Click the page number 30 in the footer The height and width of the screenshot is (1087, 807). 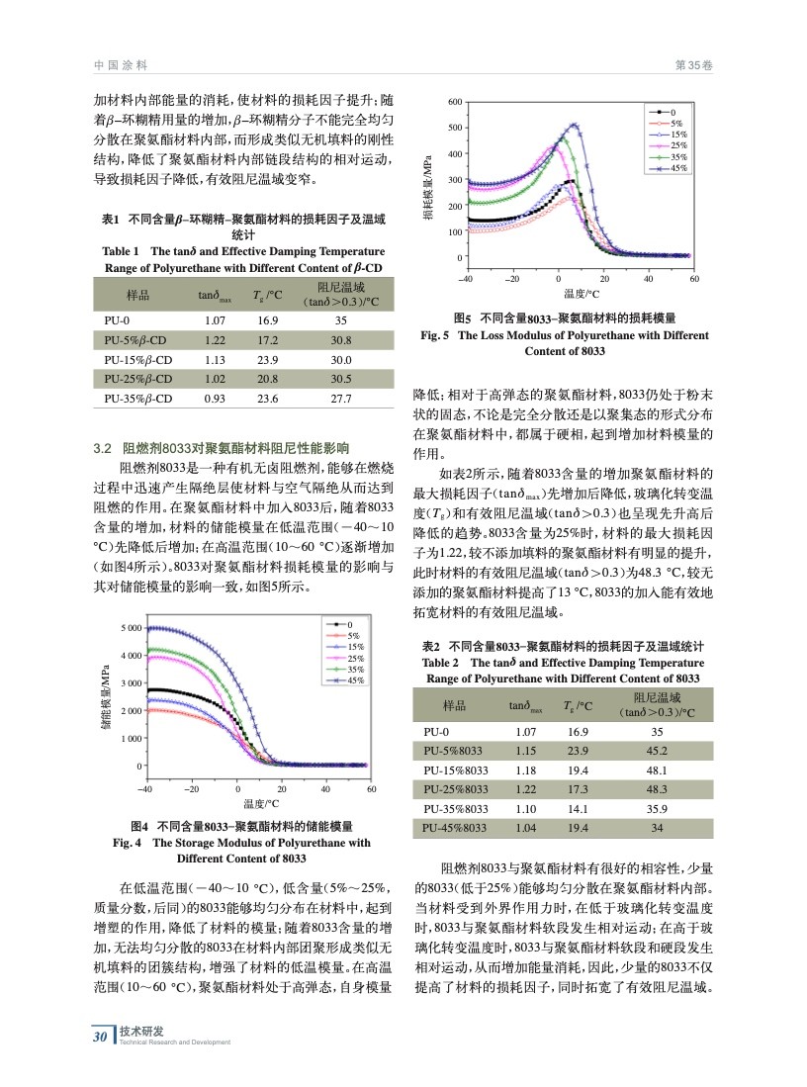[99, 1037]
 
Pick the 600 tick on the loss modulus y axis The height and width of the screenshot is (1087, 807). [455, 103]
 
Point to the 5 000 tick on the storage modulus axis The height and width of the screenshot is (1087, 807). [127, 629]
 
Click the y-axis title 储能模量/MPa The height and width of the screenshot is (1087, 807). [105, 697]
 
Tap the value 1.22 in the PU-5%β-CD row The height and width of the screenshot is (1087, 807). [215, 339]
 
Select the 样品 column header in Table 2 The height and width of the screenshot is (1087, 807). [455, 705]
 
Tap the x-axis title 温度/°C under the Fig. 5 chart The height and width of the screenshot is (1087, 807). [583, 294]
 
